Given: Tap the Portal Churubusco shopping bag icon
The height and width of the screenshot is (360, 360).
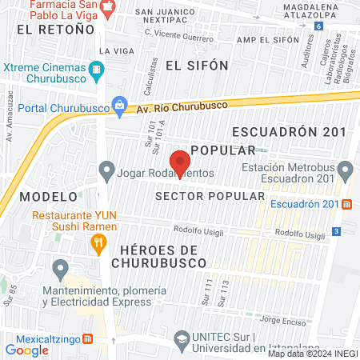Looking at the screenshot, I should point(120,104).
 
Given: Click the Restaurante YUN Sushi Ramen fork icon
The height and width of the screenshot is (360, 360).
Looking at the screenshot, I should point(98,246).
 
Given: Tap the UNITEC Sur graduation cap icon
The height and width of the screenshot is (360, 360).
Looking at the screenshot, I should point(182,339).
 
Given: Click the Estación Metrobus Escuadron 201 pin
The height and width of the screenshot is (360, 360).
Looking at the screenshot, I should point(346,170).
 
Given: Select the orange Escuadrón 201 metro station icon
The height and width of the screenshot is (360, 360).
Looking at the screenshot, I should point(346,203).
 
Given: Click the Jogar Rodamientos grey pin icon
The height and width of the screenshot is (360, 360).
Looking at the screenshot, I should point(106,170).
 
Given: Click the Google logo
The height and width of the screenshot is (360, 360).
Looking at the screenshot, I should point(26,350).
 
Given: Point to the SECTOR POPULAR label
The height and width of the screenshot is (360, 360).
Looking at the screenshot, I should point(210,196).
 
